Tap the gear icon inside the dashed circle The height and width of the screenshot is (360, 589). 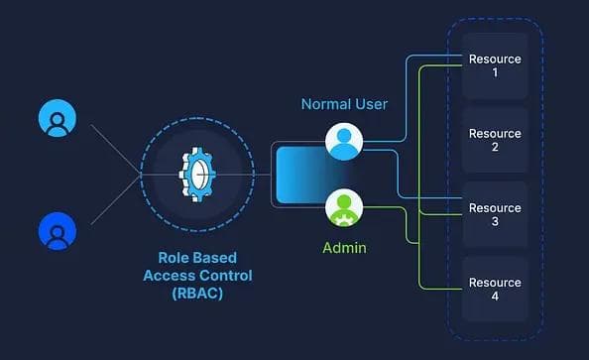click(x=196, y=176)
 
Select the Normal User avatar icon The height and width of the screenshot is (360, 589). click(x=344, y=141)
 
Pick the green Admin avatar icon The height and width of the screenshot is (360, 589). click(x=344, y=207)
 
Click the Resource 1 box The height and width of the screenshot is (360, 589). click(x=494, y=66)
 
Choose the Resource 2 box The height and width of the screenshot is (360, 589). click(x=494, y=141)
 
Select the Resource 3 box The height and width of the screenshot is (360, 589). click(x=494, y=215)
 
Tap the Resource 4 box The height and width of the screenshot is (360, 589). click(x=494, y=290)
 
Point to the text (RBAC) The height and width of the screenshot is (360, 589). click(x=196, y=293)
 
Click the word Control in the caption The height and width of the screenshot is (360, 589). click(x=227, y=276)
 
